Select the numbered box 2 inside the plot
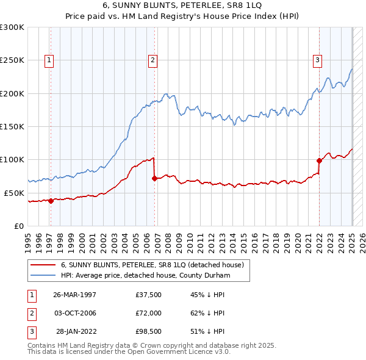[152, 60]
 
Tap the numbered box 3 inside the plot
[318, 60]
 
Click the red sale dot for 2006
[154, 179]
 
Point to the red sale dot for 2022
[319, 161]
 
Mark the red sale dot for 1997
[51, 201]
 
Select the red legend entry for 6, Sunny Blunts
[152, 265]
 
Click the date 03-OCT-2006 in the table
[75, 313]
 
